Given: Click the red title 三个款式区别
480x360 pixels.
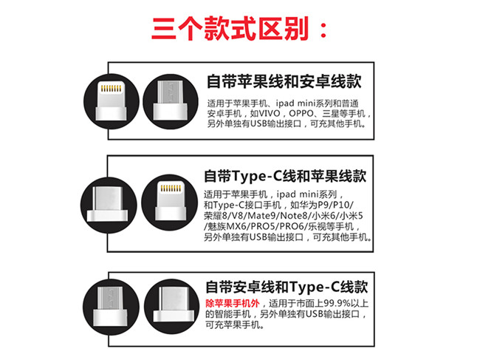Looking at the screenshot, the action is coord(230,29).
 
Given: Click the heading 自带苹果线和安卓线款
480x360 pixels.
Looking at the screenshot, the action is coord(284,81).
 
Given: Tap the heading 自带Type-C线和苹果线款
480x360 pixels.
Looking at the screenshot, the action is coord(285,176).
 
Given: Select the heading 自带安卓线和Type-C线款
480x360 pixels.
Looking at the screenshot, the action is coord(287,287).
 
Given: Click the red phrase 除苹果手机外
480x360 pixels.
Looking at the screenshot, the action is coord(233,303).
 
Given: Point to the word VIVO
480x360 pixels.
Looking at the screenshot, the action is coord(265,113).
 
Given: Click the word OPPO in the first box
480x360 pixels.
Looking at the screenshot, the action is coord(301,113).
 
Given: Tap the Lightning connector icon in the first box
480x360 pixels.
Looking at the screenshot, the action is coord(112,101).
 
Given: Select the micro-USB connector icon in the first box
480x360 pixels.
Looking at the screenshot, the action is coord(171,101).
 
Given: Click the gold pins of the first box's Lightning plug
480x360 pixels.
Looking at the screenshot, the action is coord(111,89).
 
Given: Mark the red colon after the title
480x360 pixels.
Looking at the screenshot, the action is coord(323,30).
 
